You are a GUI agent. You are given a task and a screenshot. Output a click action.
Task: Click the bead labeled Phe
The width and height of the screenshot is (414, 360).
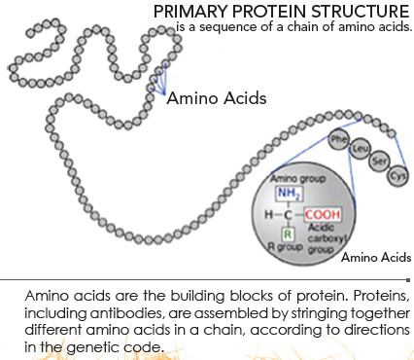pos(339,140)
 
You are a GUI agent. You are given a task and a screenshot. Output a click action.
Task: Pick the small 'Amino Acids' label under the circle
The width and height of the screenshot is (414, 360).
pos(375,257)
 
